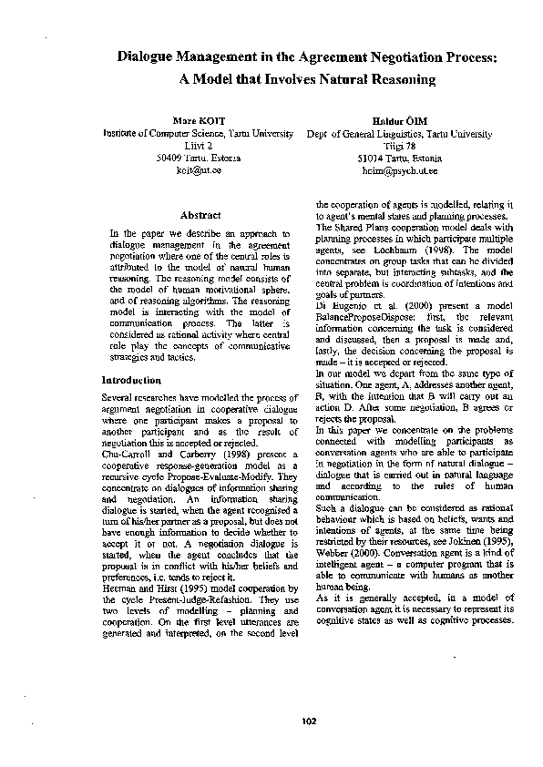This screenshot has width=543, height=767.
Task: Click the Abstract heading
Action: [x=200, y=216]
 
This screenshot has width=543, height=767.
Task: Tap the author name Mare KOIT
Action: [x=198, y=120]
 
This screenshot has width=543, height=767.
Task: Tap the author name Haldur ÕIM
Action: [x=400, y=120]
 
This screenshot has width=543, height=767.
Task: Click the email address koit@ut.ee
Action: [x=198, y=169]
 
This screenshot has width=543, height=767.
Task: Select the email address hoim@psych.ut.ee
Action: [x=400, y=169]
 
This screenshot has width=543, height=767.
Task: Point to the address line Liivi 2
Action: [x=198, y=145]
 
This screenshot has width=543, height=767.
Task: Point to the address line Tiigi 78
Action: [x=400, y=145]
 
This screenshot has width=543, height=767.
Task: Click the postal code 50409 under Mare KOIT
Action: [x=171, y=157]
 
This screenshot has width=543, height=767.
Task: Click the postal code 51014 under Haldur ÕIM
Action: [x=374, y=157]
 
